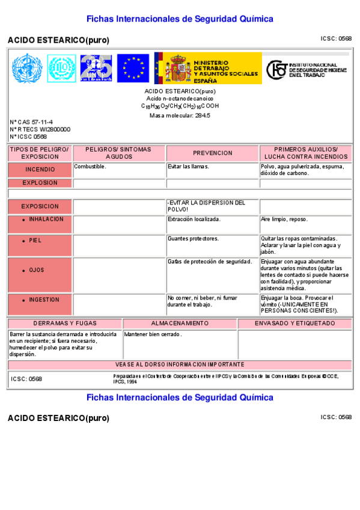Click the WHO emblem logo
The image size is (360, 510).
coord(25,68)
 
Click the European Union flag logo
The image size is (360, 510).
coord(133,68)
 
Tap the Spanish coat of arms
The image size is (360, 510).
coord(178,68)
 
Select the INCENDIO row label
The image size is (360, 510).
coord(40,170)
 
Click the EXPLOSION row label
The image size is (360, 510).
coord(40,183)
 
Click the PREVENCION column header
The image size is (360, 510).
coord(212,153)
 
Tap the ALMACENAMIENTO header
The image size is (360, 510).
coord(180,323)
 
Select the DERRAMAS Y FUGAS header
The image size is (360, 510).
coord(64,323)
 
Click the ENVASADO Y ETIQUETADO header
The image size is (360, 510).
coord(294,323)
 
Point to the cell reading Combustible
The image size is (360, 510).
coord(90,166)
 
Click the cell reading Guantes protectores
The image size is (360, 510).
coord(193,238)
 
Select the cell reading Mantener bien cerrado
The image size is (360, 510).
coord(153,334)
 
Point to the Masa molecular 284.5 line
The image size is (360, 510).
coord(180,115)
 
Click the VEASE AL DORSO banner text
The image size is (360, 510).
coord(180,364)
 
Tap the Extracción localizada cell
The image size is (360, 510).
coord(194,220)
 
